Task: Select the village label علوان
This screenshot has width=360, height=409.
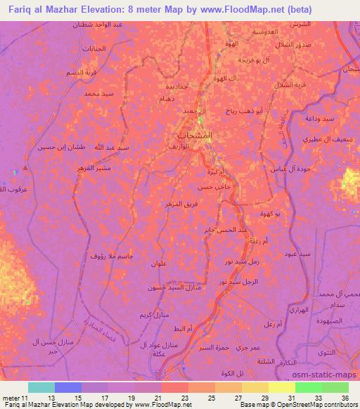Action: [x=158, y=263]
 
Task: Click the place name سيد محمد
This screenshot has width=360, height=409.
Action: [x=98, y=93]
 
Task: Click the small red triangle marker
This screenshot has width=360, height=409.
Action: [x=25, y=169]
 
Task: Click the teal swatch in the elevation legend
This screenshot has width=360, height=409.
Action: [x=41, y=387]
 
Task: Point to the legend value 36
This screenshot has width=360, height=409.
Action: [x=344, y=397]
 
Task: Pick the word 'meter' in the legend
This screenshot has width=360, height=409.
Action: [x=13, y=397]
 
